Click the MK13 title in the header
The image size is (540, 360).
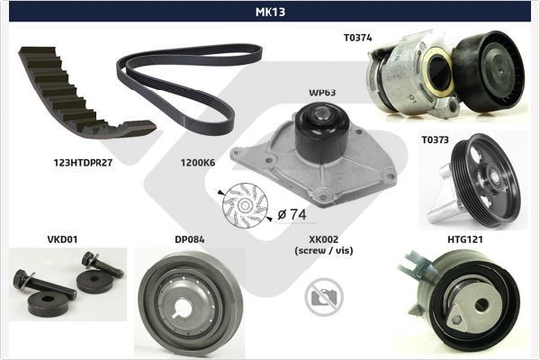click(x=269, y=12)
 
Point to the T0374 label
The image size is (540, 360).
click(x=357, y=38)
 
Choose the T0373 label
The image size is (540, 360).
click(x=436, y=140)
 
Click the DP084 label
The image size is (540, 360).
click(x=188, y=240)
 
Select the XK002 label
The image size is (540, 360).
click(x=323, y=240)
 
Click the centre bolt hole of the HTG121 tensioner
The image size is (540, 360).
click(x=480, y=303)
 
